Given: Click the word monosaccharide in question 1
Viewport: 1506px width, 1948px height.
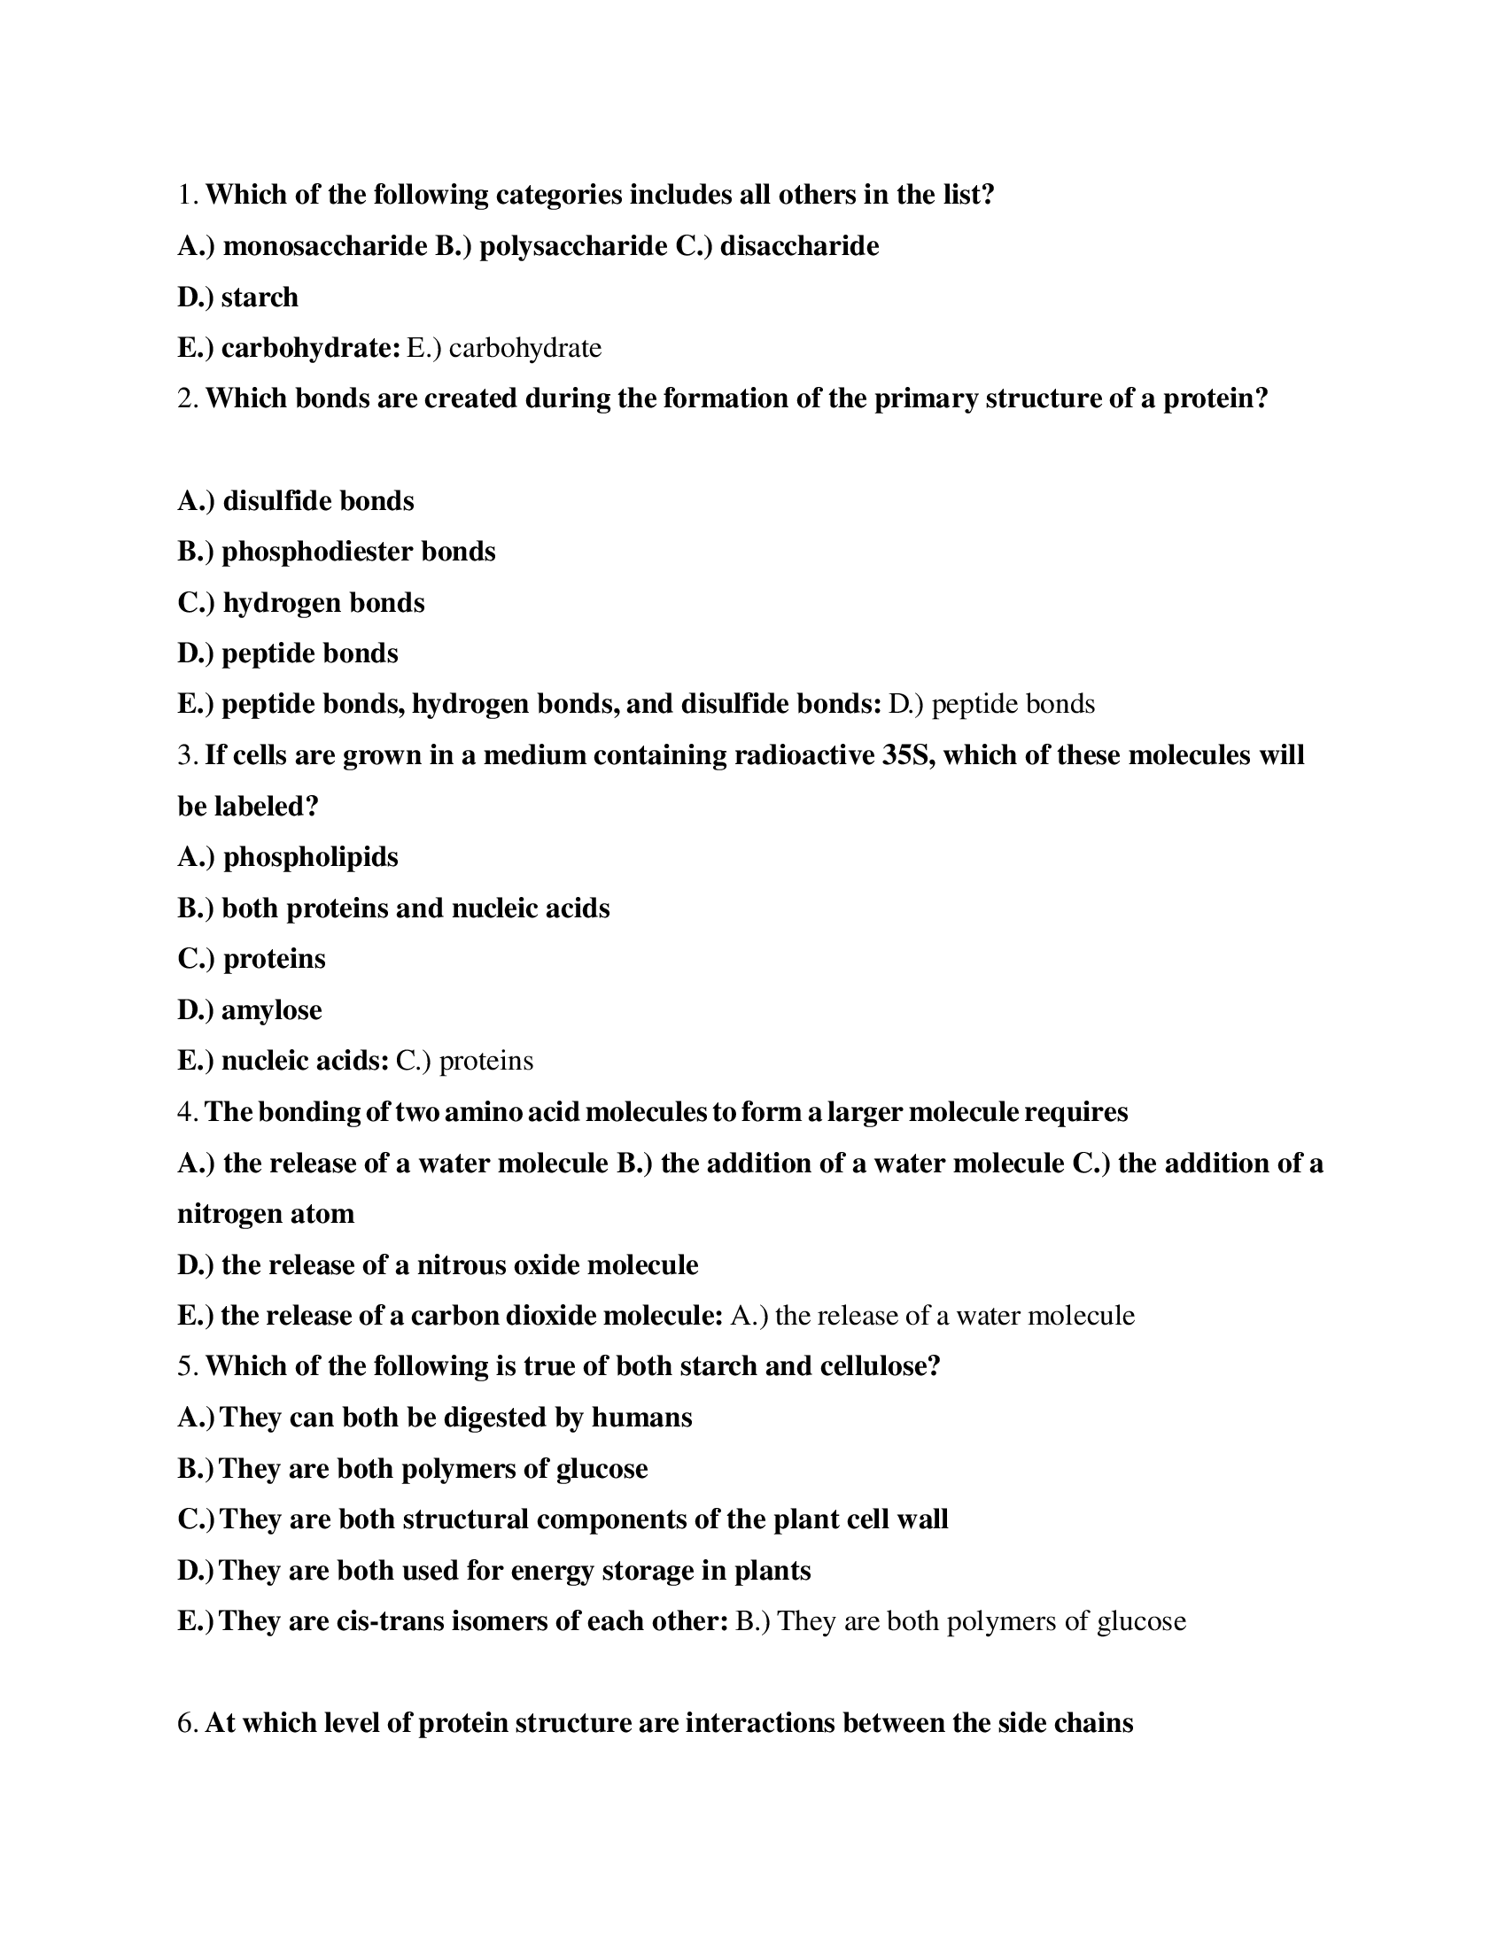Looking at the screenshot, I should [326, 246].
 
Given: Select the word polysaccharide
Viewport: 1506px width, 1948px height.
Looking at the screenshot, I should [573, 246].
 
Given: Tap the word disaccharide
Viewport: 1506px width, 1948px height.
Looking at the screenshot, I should [799, 246].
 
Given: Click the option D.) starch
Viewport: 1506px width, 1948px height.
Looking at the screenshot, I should [238, 297].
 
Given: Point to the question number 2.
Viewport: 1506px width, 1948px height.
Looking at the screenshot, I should [186, 398].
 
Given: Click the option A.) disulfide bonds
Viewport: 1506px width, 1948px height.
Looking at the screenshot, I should [296, 501].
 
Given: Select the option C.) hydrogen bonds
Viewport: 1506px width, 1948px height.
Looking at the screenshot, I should [301, 603].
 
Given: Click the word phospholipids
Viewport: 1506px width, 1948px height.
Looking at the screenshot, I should [310, 857].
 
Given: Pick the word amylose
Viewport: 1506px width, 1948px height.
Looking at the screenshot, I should [271, 1010].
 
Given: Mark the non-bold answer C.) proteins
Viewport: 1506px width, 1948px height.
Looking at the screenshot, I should [464, 1062].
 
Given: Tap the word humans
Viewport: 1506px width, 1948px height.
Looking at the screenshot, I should [641, 1418].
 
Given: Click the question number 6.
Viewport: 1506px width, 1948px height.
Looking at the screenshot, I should [186, 1722].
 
